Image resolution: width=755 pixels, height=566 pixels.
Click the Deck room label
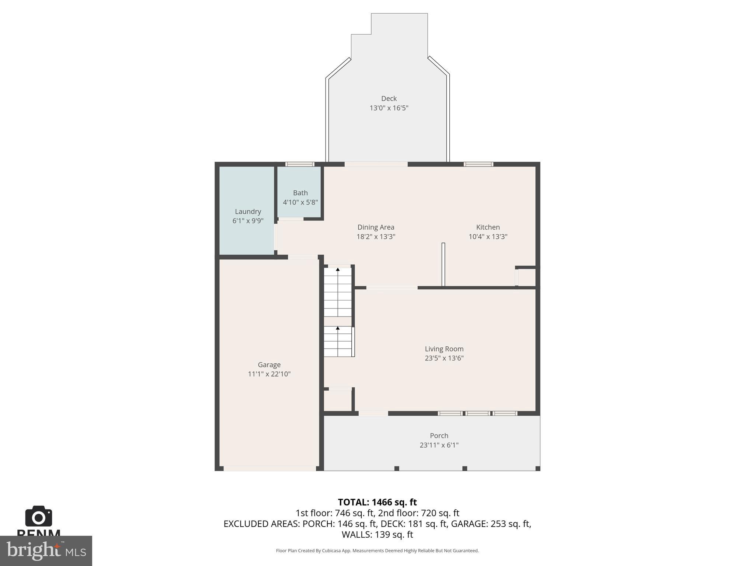coord(389,98)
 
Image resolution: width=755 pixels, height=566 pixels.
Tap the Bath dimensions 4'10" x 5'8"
coord(300,202)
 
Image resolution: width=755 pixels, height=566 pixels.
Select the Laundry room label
coord(248,212)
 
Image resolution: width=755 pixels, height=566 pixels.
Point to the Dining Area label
coord(376,227)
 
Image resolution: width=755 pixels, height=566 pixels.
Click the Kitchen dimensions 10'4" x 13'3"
coord(488,237)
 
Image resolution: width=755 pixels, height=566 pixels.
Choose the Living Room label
coord(444,349)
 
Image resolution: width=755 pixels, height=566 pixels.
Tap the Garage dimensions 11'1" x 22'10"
coord(269,374)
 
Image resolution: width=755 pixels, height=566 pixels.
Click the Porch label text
coord(439,436)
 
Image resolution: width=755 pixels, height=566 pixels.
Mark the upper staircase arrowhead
coord(338,270)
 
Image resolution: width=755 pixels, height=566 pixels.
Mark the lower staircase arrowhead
coord(338,328)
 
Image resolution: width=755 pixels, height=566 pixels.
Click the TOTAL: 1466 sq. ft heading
coord(377,502)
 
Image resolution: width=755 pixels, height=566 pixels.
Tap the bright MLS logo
coord(46,551)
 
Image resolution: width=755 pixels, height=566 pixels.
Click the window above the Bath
coord(300,164)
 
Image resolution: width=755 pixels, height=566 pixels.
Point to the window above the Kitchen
coord(478,164)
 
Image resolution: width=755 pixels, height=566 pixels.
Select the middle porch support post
coord(465,468)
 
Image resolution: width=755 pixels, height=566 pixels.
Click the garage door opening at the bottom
coord(269,468)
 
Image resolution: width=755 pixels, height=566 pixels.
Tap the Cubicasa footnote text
coord(377,551)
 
